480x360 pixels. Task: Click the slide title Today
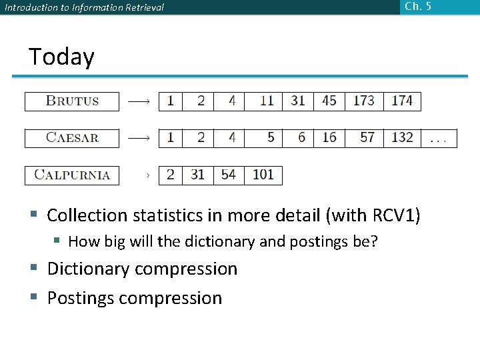tap(61, 57)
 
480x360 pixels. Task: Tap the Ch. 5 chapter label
tap(418, 7)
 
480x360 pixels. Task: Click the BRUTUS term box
tap(72, 101)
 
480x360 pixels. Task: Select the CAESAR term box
tap(72, 138)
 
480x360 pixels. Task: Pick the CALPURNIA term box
tap(72, 175)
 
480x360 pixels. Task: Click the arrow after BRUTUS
tap(139, 101)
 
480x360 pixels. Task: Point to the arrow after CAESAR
tap(139, 138)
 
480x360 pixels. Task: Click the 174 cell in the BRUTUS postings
tap(402, 101)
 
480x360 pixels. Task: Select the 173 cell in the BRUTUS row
tap(364, 101)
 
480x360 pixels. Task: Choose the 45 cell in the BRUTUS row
tap(329, 101)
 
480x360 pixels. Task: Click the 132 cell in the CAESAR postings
tap(402, 138)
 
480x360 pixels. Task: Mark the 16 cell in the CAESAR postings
tap(329, 138)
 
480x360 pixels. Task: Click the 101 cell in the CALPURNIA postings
tap(263, 175)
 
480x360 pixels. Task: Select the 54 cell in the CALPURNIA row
tap(229, 175)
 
